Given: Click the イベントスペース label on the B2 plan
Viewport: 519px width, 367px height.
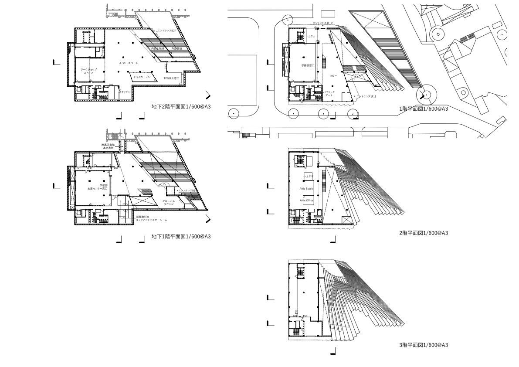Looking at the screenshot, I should coord(128,63).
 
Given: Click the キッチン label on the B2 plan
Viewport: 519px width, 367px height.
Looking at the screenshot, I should coord(126,92).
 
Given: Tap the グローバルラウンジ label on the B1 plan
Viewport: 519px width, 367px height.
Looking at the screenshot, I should coord(169,203).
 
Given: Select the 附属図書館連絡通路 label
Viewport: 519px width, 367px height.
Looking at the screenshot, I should coord(108,146).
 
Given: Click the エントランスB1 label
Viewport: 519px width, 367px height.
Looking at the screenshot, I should coord(187,190).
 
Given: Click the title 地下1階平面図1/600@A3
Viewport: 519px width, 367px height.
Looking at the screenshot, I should coord(181,236).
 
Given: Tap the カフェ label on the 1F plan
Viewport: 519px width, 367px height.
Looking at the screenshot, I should coord(311,37).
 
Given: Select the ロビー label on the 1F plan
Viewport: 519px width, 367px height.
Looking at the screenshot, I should coord(333,75).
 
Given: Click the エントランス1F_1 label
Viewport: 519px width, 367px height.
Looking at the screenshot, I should coord(366,96).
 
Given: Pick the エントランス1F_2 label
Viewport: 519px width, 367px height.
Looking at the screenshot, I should coord(322,23).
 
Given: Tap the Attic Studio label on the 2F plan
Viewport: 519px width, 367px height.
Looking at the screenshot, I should coord(306,188).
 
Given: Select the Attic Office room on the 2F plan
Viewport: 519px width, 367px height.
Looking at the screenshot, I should coord(306,200).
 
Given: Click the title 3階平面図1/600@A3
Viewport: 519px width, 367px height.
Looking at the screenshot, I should coord(423,345).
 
